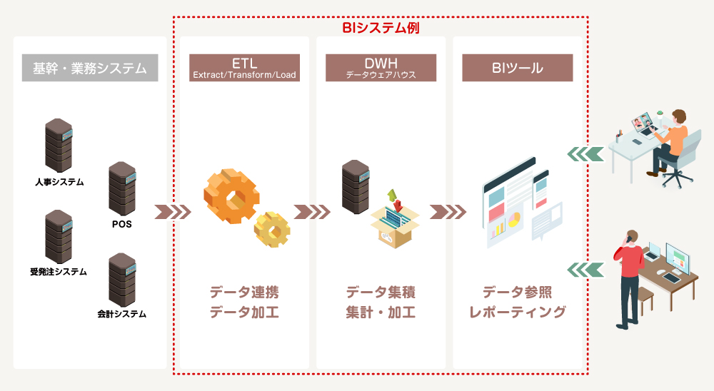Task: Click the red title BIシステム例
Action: tap(379, 28)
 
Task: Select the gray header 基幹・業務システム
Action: tap(89, 68)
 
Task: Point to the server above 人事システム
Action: tap(59, 146)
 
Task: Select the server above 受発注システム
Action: tap(59, 236)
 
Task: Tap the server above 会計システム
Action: tap(122, 280)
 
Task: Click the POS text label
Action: tap(122, 224)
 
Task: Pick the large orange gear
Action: tap(230, 195)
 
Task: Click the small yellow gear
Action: tap(273, 228)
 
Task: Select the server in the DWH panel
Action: tap(355, 186)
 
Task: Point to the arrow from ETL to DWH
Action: tap(312, 212)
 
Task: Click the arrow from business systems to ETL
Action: tap(173, 212)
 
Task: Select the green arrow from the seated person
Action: tap(584, 153)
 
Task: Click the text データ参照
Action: tap(517, 293)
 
